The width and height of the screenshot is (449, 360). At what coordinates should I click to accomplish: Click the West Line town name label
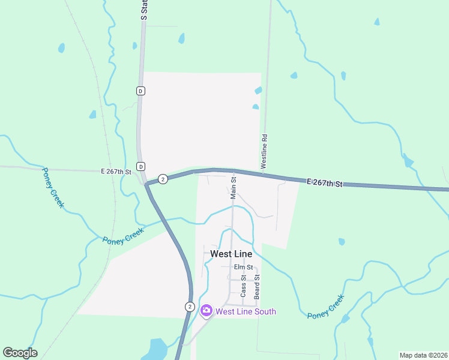[x=231, y=254]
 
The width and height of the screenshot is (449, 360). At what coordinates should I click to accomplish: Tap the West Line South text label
[x=246, y=311]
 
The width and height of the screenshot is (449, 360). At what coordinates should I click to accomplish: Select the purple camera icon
[x=206, y=310]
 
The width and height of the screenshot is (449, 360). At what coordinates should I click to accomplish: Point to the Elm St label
[x=243, y=267]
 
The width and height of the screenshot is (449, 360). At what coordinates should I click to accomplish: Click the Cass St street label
[x=243, y=286]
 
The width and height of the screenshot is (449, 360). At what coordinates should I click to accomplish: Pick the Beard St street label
[x=256, y=287]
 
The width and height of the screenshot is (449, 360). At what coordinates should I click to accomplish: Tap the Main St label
[x=234, y=187]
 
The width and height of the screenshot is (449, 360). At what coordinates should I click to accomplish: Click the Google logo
[x=20, y=353]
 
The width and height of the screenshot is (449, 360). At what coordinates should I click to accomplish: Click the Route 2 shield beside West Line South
[x=190, y=307]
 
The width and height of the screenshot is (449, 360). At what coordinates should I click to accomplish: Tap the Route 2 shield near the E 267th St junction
[x=163, y=179]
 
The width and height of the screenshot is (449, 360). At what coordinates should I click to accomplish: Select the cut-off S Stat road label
[x=144, y=10]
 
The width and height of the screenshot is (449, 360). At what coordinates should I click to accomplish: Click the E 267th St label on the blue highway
[x=324, y=182]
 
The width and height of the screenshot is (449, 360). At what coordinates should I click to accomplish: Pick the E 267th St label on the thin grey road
[x=116, y=172]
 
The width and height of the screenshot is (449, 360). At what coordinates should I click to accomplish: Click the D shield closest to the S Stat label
[x=140, y=91]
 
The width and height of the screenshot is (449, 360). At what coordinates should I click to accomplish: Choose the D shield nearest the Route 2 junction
[x=140, y=166]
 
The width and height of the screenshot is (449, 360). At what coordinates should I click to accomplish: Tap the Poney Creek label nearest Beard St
[x=326, y=307]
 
